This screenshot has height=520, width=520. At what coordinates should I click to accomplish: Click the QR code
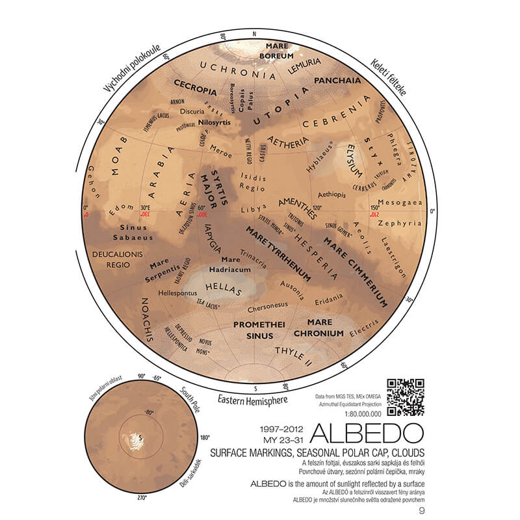[x=406, y=396]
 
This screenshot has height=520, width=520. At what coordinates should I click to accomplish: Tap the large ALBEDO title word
[x=368, y=434]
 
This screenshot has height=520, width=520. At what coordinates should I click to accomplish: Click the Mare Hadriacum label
[x=226, y=264]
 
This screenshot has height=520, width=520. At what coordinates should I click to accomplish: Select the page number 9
[x=421, y=509]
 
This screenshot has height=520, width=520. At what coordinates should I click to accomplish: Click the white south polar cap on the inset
[x=137, y=439]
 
